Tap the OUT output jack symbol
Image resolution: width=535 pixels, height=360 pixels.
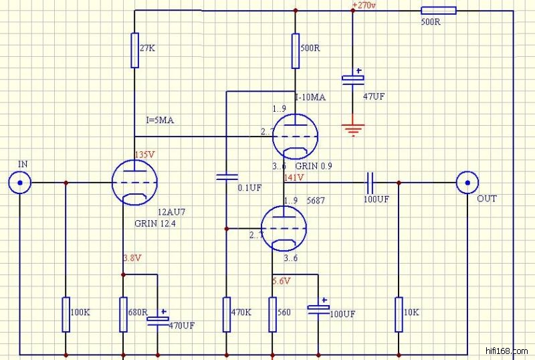pos(467,182)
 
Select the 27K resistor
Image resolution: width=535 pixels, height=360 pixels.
pos(134,51)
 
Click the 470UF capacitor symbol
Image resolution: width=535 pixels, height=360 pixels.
pos(158,319)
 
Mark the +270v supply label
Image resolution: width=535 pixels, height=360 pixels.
pos(364,5)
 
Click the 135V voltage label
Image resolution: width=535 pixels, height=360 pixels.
pos(145,155)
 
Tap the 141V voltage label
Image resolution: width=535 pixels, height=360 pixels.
pos(294,178)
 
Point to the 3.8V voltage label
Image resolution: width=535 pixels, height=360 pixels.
pos(132,258)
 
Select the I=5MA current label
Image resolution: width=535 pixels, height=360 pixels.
pos(161,120)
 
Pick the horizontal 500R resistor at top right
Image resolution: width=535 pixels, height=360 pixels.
pos(439,10)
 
